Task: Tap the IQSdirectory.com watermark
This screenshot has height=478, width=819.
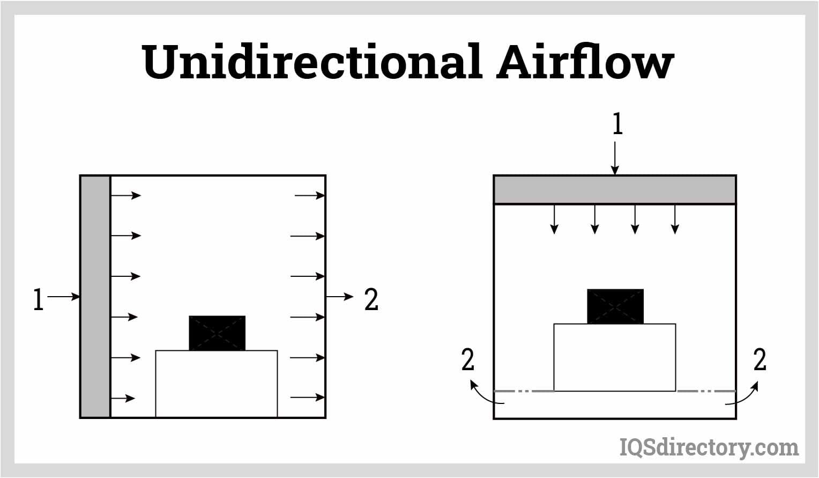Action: (709, 447)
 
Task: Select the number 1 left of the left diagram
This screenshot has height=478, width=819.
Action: (38, 299)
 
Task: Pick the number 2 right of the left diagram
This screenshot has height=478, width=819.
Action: (371, 299)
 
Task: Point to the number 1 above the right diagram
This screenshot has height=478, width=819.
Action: (617, 124)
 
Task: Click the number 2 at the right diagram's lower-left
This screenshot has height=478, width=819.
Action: (468, 360)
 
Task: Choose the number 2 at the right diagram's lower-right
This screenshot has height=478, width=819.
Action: (760, 360)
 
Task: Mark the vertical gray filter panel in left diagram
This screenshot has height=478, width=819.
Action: (95, 296)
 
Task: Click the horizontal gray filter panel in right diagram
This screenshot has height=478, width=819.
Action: (614, 189)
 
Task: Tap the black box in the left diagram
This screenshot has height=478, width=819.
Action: (217, 333)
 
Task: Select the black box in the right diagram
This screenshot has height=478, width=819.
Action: (615, 306)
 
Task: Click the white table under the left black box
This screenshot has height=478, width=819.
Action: (217, 383)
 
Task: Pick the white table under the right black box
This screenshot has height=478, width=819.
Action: (614, 357)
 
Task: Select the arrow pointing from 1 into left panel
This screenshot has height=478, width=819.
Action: (63, 296)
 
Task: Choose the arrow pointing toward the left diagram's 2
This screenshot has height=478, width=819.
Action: (340, 296)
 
